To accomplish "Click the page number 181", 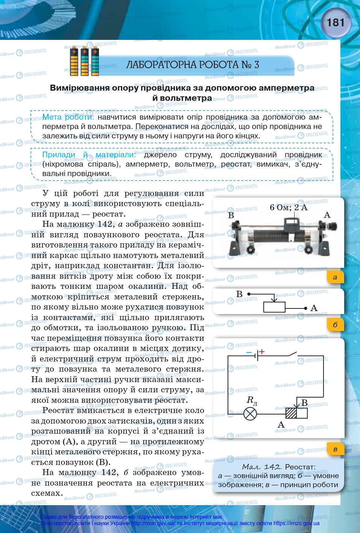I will (336, 23).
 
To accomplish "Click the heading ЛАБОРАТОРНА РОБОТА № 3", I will (193, 65).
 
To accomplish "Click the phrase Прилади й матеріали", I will (89, 155).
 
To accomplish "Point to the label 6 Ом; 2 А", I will (289, 207).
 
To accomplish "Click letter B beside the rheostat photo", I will (231, 216).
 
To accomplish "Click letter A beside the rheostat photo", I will (327, 215).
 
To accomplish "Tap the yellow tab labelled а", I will (335, 278).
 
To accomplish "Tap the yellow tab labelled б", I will (335, 324).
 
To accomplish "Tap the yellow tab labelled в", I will (335, 449).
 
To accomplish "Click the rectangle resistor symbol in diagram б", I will (274, 307).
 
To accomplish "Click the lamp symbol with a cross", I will (250, 414).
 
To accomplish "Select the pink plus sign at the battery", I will (262, 352).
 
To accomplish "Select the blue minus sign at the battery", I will (249, 352).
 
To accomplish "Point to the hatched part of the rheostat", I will (291, 413).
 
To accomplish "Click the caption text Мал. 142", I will (262, 467).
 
